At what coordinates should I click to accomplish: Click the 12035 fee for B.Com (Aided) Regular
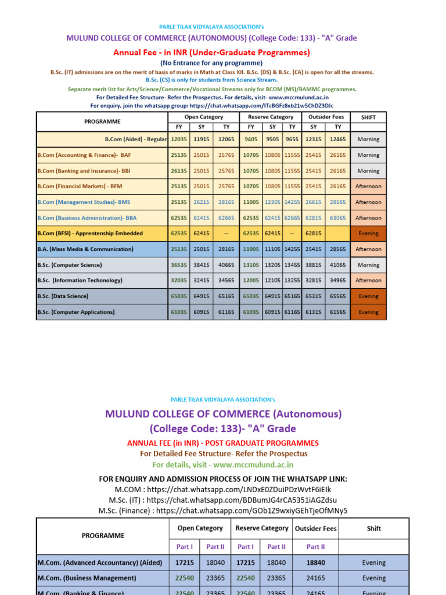pyautogui.click(x=179, y=139)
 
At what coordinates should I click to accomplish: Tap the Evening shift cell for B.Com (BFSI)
pyautogui.click(x=368, y=234)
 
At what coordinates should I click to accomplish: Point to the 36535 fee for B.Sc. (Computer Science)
pyautogui.click(x=179, y=265)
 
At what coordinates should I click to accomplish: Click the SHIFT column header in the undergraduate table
pyautogui.click(x=368, y=117)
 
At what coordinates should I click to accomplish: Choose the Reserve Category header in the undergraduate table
pyautogui.click(x=271, y=117)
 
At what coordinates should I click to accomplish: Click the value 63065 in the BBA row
pyautogui.click(x=338, y=218)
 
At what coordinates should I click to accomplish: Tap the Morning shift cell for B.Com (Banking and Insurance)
pyautogui.click(x=368, y=171)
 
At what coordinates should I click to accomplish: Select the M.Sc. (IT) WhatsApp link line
pyautogui.click(x=223, y=500)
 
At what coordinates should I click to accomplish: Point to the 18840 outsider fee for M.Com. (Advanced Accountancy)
pyautogui.click(x=316, y=562)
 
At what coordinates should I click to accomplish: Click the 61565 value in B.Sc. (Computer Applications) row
pyautogui.click(x=338, y=312)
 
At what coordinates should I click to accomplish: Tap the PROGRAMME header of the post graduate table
pyautogui.click(x=103, y=535)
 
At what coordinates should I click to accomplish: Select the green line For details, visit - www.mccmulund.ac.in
pyautogui.click(x=223, y=464)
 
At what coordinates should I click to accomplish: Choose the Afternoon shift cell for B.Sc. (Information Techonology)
pyautogui.click(x=368, y=281)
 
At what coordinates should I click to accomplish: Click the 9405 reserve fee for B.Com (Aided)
pyautogui.click(x=251, y=139)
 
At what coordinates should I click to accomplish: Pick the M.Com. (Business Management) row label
pyautogui.click(x=87, y=578)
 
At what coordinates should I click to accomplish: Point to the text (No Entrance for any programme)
pyautogui.click(x=211, y=63)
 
